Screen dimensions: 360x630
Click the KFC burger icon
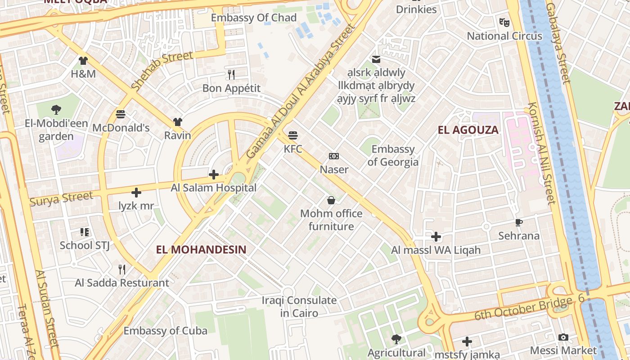point(293,135)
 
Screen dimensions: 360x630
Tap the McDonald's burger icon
point(120,114)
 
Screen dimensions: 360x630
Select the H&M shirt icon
point(83,60)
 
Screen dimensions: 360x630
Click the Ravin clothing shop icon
point(178,122)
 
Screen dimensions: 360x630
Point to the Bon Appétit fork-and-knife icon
point(231,74)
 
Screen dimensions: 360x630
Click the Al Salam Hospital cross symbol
point(214,174)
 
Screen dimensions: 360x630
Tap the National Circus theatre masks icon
point(504,22)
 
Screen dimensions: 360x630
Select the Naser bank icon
point(334,156)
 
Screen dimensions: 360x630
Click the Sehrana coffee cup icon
point(518,222)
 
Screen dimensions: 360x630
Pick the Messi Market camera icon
point(563,337)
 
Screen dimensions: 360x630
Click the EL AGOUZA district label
point(468,130)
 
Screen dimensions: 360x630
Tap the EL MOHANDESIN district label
point(201,249)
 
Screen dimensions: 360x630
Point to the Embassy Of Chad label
point(254,18)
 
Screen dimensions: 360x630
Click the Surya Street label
point(62,198)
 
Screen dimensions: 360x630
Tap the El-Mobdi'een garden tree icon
point(56,109)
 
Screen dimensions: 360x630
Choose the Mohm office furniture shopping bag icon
point(331,200)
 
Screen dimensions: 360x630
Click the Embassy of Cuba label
point(166,331)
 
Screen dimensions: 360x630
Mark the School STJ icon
point(85,232)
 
